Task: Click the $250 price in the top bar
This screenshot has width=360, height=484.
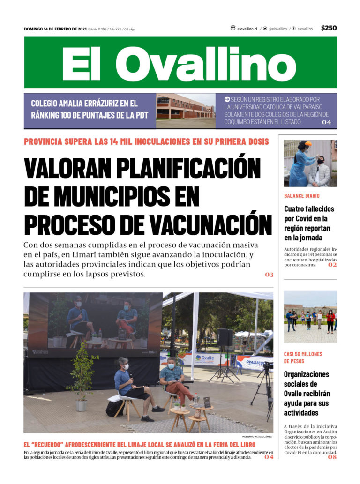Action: click(x=329, y=28)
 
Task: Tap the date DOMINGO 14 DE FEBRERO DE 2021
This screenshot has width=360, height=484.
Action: click(x=55, y=29)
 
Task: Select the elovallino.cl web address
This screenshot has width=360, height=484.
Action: click(x=247, y=29)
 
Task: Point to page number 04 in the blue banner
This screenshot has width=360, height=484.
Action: click(x=326, y=122)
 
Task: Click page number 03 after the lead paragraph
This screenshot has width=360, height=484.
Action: click(x=269, y=275)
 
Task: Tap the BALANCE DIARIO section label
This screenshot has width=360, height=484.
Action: click(x=302, y=196)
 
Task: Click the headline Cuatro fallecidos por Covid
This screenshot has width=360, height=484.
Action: click(x=309, y=223)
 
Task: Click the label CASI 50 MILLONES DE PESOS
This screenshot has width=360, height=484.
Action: click(x=303, y=357)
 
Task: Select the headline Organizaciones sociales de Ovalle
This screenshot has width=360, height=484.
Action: click(x=307, y=393)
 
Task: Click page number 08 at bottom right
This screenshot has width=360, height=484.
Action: click(x=332, y=457)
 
